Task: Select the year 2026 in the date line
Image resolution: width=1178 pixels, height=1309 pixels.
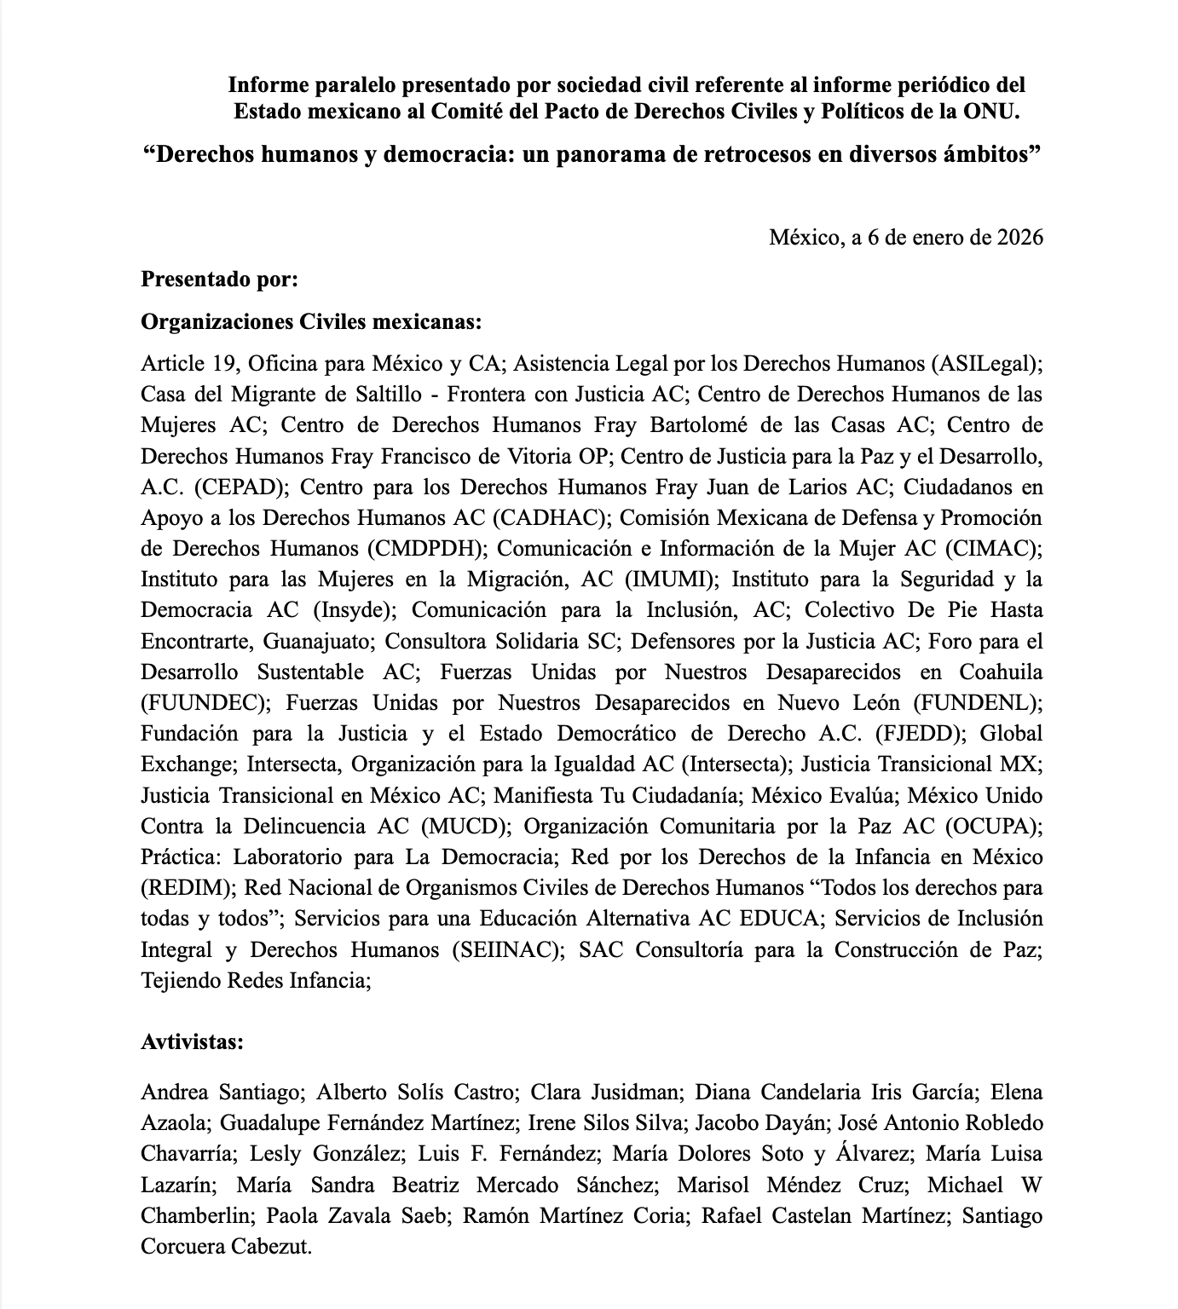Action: coord(1019,237)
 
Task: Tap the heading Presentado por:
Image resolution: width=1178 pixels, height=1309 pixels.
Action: coord(219,279)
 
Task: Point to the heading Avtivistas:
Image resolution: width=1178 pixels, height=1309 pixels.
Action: coord(193,1041)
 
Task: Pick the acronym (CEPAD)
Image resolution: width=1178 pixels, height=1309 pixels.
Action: coord(242,487)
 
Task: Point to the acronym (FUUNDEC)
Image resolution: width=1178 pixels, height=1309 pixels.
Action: coord(205,703)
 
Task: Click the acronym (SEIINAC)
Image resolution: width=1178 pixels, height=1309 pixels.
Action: coord(509,949)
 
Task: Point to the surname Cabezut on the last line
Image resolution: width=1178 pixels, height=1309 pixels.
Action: coord(271,1247)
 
